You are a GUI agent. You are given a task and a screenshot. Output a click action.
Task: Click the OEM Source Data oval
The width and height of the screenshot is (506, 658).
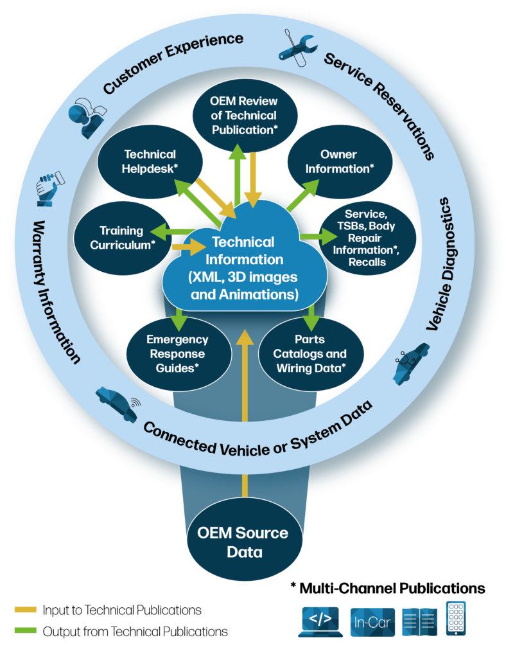pos(242,542)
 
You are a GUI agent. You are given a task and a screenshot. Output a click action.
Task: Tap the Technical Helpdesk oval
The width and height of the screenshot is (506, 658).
pos(150,161)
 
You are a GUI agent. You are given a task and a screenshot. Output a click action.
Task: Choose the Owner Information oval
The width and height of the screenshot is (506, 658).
pos(338,161)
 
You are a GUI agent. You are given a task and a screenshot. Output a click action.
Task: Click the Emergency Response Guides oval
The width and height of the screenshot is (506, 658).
pos(177,353)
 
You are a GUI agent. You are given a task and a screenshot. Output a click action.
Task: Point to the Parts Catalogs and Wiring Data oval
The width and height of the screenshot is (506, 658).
pos(311,353)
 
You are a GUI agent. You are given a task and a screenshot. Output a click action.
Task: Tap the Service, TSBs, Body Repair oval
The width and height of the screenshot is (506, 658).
pos(370,237)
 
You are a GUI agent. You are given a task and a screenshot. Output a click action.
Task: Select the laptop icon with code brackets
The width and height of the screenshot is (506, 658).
pos(320,621)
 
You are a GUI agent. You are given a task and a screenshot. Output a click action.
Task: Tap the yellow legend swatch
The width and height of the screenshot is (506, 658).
pos(26,609)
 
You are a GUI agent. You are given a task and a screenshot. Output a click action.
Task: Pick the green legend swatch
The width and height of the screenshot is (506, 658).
pos(26,630)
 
